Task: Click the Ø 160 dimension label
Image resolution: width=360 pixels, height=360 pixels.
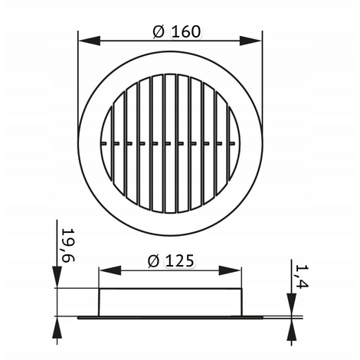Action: tap(177, 32)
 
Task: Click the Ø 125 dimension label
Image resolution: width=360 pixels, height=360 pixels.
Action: tap(171, 261)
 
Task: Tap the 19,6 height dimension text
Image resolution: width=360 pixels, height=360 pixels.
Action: tap(68, 245)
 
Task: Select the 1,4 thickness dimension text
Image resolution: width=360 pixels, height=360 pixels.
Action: tap(302, 277)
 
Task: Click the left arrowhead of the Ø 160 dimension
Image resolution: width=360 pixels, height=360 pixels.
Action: tap(90, 41)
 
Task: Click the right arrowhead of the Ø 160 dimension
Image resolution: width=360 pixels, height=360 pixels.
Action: tap(250, 41)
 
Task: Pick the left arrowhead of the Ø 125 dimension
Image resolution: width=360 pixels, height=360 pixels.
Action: tap(110, 270)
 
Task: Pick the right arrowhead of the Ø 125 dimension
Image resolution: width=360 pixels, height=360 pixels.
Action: tap(230, 270)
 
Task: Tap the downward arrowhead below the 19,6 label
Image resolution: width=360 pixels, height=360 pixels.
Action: tap(57, 277)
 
